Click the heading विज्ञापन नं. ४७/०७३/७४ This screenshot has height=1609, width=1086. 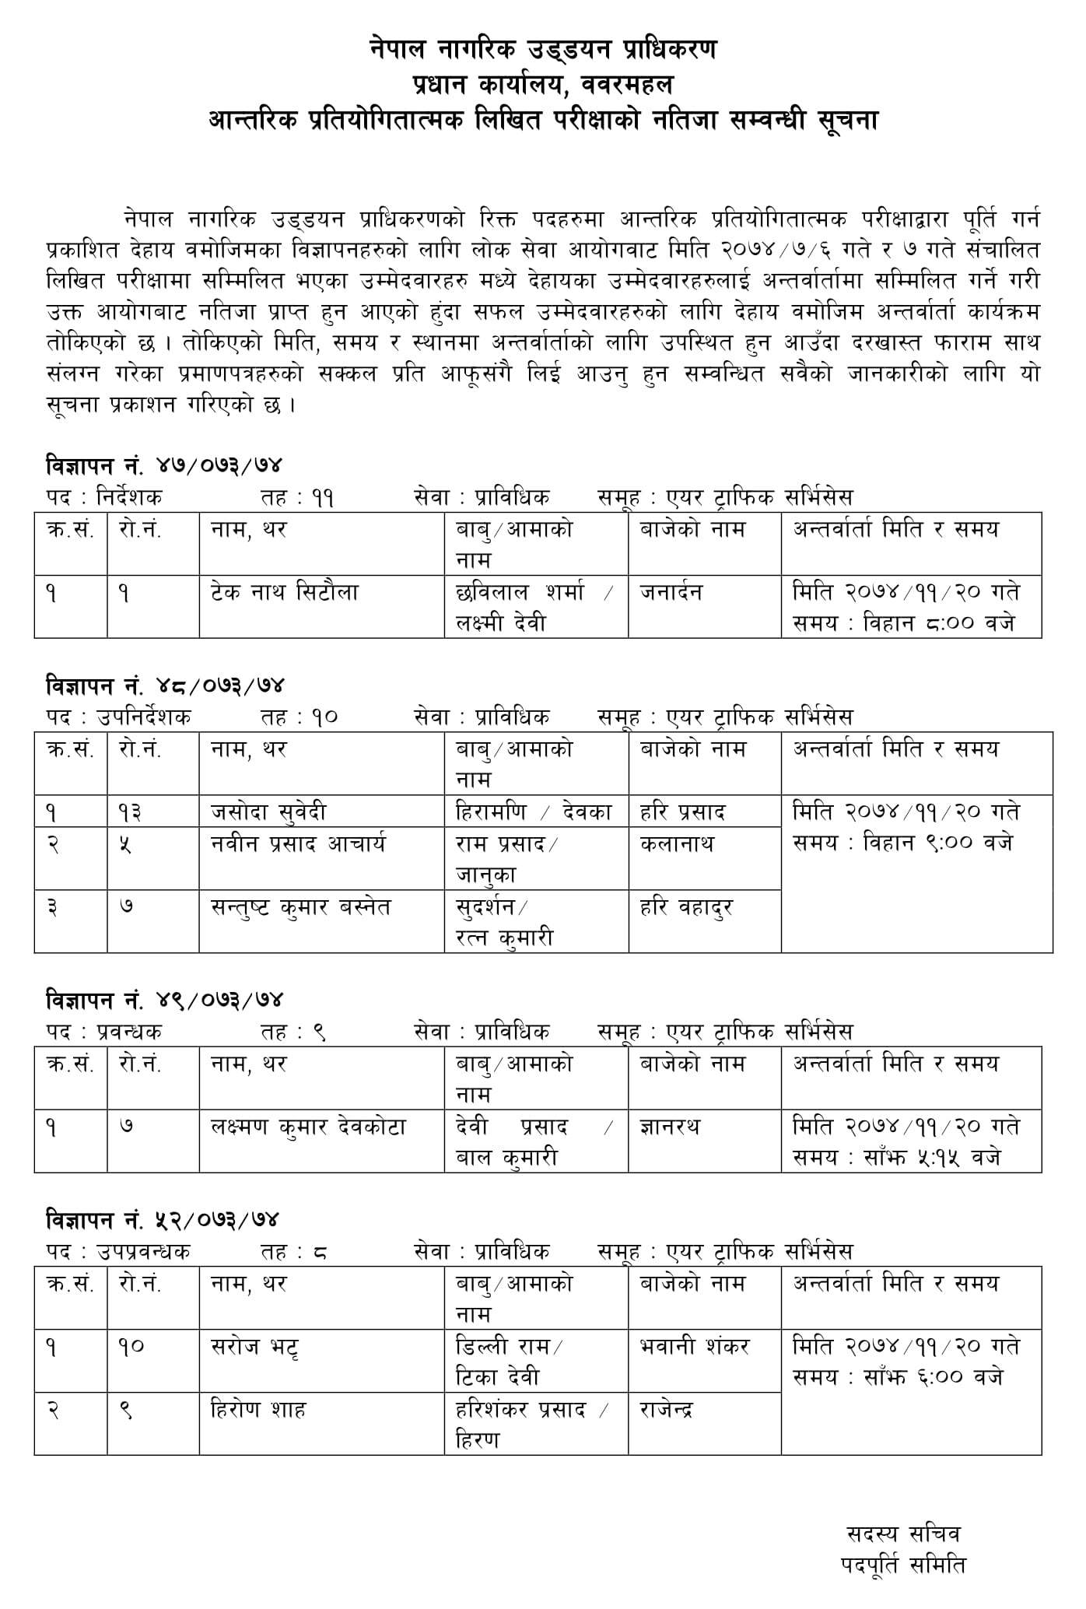point(163,466)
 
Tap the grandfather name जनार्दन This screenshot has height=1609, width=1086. point(671,592)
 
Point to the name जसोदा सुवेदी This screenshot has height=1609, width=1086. point(268,812)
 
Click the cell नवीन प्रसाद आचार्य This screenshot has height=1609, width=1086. point(298,843)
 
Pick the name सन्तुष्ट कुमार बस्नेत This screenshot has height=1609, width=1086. point(300,907)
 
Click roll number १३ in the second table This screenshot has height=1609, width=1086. point(131,812)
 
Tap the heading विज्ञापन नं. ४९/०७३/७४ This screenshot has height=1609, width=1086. point(163,1000)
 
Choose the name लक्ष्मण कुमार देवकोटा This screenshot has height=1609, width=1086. point(308,1127)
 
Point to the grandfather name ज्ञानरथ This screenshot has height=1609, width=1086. point(670,1127)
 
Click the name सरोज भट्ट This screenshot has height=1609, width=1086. point(255,1347)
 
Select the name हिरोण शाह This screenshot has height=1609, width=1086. point(258,1410)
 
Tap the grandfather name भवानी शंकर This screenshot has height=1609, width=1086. point(694,1347)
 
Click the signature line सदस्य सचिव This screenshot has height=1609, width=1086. point(903,1534)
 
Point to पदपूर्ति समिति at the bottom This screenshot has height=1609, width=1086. point(903,1564)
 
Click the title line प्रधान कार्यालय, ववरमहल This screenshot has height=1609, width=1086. point(543,85)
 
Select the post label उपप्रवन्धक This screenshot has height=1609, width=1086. point(143,1252)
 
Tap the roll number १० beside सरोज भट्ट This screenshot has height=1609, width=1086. point(131,1347)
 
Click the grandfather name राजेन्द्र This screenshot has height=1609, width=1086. point(667,1410)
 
